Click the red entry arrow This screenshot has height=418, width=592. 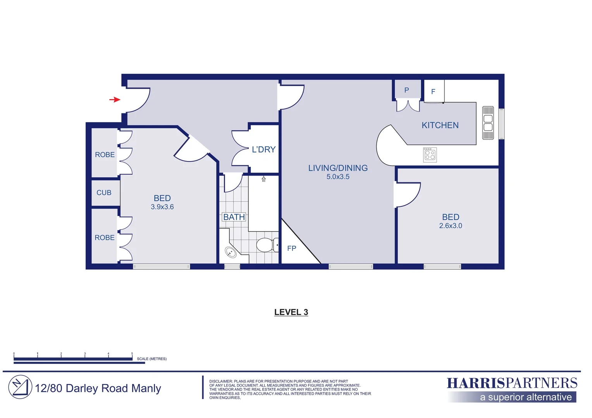point(115,99)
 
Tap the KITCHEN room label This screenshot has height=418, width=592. point(440,125)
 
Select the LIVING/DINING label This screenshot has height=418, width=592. point(338,168)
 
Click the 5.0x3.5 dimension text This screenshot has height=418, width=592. point(338,177)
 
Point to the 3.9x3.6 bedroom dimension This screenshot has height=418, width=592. point(162,207)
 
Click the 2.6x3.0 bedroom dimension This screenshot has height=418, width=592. point(450,226)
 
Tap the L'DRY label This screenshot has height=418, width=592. point(263,149)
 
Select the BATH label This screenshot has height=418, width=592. point(234,217)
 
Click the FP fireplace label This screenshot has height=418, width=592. point(291,248)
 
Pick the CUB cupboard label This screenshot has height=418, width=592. point(104,193)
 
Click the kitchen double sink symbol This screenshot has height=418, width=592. point(488,123)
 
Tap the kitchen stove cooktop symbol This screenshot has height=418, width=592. point(430,155)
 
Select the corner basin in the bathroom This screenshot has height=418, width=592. point(231,252)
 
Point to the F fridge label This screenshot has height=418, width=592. point(433,92)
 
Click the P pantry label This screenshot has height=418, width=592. point(406,90)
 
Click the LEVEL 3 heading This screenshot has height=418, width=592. point(291,312)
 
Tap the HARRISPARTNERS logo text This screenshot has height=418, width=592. point(512,383)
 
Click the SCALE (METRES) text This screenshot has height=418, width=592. point(151,359)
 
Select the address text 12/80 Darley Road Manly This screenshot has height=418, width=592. point(98,388)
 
